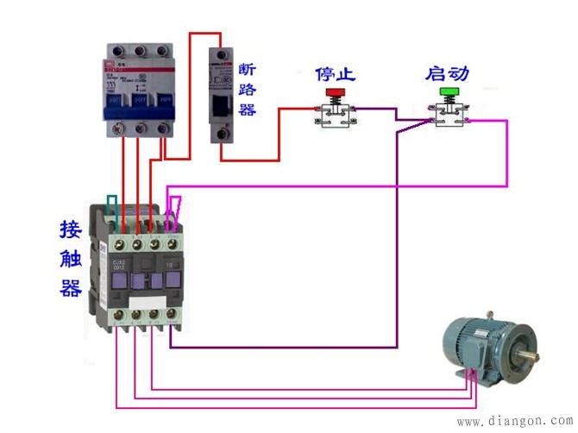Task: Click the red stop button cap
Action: [332, 91]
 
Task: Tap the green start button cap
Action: [449, 91]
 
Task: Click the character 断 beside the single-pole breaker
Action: [248, 69]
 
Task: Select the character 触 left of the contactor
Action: [71, 259]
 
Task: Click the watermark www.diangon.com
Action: [513, 422]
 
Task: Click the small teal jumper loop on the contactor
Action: [111, 204]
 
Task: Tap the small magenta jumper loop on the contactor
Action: [176, 207]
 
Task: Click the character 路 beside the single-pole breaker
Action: [248, 90]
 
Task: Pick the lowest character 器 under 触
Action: [71, 288]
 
